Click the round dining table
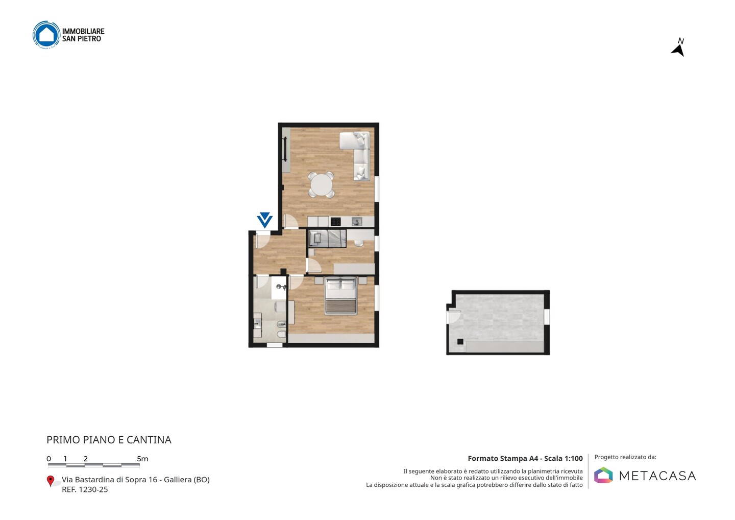(321, 185)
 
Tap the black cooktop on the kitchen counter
(335, 222)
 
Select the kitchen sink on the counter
(357, 222)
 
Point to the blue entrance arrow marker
(265, 220)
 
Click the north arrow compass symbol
(678, 48)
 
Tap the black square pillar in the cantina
(460, 342)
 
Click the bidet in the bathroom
(282, 325)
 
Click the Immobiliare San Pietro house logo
(46, 34)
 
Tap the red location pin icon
(50, 481)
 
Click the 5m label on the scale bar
(142, 459)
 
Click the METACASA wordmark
(657, 476)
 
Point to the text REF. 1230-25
(85, 489)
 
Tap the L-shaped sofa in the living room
(358, 154)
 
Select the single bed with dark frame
(328, 239)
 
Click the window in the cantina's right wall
(547, 317)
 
